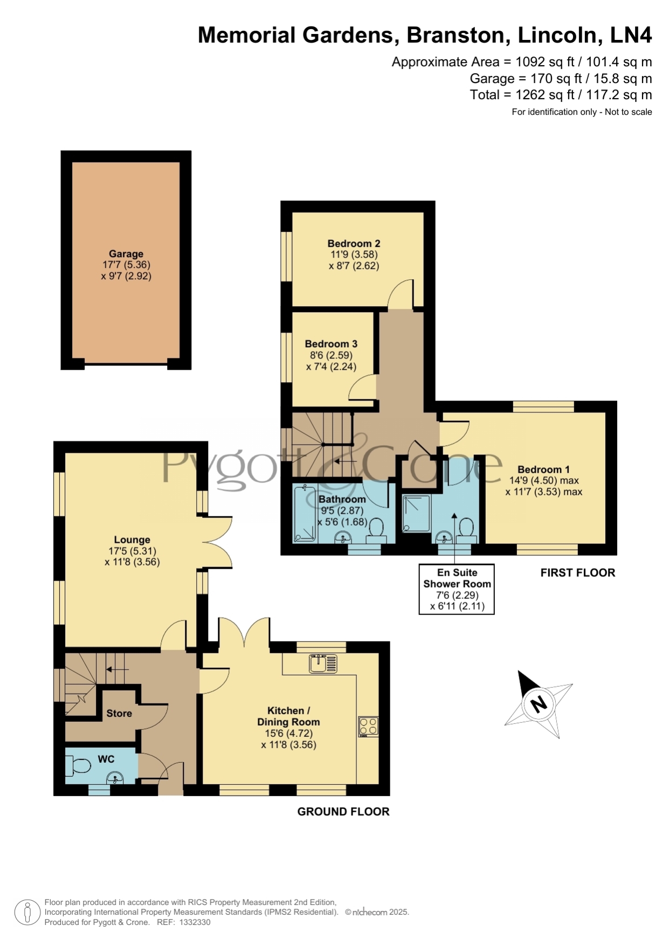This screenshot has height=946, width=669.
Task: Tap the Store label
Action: tap(119, 713)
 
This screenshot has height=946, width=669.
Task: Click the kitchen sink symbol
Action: tap(323, 664)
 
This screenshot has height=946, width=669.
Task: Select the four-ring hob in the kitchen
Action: tap(369, 727)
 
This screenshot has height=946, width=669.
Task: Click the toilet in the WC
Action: tap(78, 764)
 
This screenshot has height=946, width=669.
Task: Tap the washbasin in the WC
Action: tap(115, 777)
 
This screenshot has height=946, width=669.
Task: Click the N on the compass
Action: tap(539, 704)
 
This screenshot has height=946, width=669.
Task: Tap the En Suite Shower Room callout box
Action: tap(457, 589)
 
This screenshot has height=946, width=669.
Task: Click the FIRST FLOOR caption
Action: tap(577, 573)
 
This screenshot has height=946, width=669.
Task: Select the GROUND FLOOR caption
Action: tap(343, 812)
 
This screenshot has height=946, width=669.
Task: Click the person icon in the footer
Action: tap(27, 913)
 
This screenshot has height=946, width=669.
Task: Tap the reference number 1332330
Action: tap(195, 922)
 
